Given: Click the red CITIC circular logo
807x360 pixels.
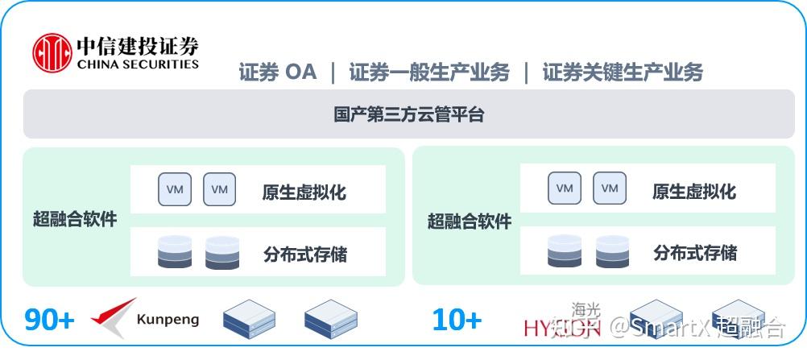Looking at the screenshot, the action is pos(52,52).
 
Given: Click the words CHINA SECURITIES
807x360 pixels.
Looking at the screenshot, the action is pos(138,64).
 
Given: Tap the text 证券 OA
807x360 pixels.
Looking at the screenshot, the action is pos(278,72).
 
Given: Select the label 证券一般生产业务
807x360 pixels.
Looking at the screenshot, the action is pos(429,72).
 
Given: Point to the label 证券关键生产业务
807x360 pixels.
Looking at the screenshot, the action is pos(623,72).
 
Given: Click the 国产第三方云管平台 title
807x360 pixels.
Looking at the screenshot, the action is pos(409,114).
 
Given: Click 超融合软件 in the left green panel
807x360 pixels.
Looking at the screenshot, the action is pos(75,218).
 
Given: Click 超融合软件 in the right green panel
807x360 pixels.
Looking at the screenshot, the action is pos(469,221).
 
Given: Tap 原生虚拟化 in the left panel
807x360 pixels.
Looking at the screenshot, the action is pos(304,192).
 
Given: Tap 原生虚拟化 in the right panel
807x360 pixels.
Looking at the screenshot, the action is pos(693,192).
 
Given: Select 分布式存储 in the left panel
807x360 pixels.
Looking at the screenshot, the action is pos(304,254).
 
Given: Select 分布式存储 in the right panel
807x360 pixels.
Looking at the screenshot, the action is pos(694,252).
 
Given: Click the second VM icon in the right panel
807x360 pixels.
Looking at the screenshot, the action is pos(610,188).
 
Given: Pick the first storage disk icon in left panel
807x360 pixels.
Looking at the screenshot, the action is pos(175,252).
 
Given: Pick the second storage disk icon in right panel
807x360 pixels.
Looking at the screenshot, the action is pos(612,251).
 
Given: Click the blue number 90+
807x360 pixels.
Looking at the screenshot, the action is pos(49,320).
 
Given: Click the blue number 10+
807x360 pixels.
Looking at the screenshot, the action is pos(457,320).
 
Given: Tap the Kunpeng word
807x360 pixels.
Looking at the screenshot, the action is pos(168,320).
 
